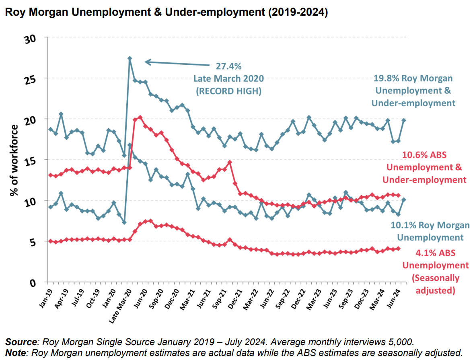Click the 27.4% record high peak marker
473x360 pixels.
click(x=130, y=58)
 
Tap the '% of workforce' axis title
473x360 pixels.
click(x=15, y=160)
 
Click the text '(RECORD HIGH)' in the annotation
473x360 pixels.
click(x=228, y=91)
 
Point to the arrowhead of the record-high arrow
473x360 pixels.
click(x=146, y=62)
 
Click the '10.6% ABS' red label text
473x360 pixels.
click(x=424, y=155)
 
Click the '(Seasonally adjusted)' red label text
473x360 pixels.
click(x=435, y=284)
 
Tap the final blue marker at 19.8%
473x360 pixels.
click(x=403, y=120)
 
